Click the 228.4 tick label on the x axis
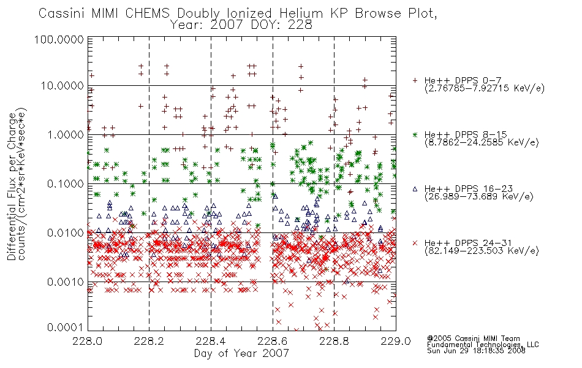pyautogui.click(x=211, y=341)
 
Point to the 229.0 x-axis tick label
pyautogui.click(x=396, y=341)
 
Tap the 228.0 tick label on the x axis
pyautogui.click(x=88, y=341)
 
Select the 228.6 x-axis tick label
pyautogui.click(x=273, y=341)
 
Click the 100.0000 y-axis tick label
pyautogui.click(x=59, y=39)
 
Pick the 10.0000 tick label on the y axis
pyautogui.click(x=62, y=86)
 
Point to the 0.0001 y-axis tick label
pyautogui.click(x=66, y=327)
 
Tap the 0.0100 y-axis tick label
pyautogui.click(x=66, y=233)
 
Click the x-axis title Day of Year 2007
pyautogui.click(x=241, y=353)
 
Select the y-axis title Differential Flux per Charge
pyautogui.click(x=12, y=186)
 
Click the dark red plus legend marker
pyautogui.click(x=415, y=80)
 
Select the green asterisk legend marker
pyautogui.click(x=415, y=134)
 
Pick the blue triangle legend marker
pyautogui.click(x=415, y=189)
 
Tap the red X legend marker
pyautogui.click(x=415, y=243)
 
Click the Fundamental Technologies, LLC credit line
pyautogui.click(x=483, y=345)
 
